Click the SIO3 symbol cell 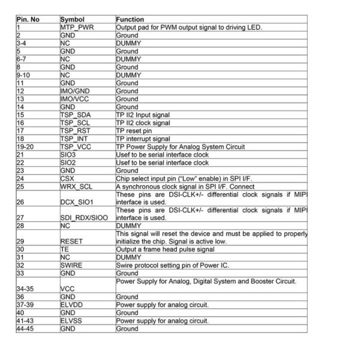point(69,154)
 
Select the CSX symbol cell point(67,178)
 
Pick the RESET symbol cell point(73,241)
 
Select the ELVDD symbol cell point(72,304)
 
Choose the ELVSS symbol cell point(72,320)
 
